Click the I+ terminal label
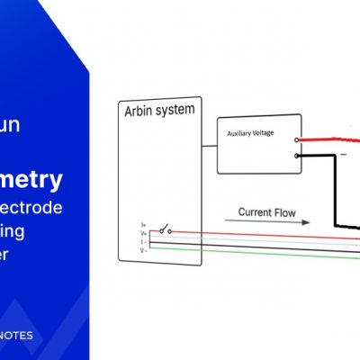point(143,225)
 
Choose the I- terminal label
point(143,241)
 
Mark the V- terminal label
point(143,248)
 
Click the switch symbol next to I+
point(164,229)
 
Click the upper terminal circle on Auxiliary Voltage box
point(297,140)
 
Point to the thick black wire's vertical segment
point(335,193)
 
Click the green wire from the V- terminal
point(270,255)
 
